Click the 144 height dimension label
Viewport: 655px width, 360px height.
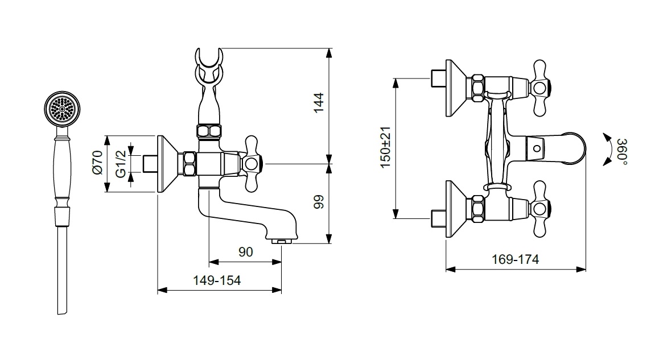[319, 102]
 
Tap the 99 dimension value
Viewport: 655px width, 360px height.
[319, 202]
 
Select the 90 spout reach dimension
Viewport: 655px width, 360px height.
[246, 252]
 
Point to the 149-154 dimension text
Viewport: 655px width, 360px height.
[217, 280]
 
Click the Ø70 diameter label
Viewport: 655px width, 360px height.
[97, 162]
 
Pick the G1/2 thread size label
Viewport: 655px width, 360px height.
[121, 164]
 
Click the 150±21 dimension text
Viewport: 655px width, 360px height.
[385, 147]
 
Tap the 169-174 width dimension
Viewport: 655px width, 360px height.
[515, 259]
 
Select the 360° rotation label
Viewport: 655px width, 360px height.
[622, 151]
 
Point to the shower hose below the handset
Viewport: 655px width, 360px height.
[62, 271]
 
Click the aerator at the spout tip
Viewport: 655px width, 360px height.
[281, 241]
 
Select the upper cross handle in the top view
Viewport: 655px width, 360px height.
[540, 88]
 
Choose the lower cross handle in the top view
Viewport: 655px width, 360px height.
[540, 209]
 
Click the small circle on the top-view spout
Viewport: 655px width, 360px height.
[537, 148]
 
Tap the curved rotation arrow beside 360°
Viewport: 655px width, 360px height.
[608, 150]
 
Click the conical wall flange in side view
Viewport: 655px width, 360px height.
[167, 164]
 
